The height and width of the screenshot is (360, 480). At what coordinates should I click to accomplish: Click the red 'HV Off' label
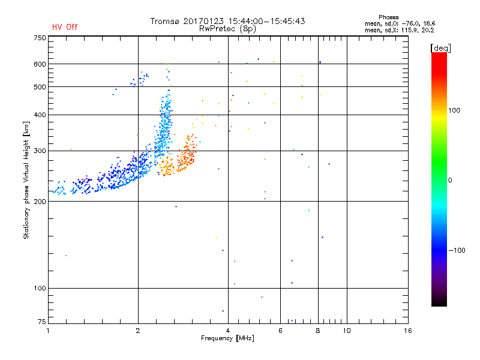[65, 27]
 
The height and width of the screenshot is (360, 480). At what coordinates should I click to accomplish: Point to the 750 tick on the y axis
[40, 38]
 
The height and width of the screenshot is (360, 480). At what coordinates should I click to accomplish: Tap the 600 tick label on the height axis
[40, 64]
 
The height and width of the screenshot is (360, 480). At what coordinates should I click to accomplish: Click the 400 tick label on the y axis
[40, 115]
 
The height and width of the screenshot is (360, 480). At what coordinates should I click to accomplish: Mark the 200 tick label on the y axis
[40, 202]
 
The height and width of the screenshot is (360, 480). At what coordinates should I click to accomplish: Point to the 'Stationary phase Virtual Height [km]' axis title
[26, 180]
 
